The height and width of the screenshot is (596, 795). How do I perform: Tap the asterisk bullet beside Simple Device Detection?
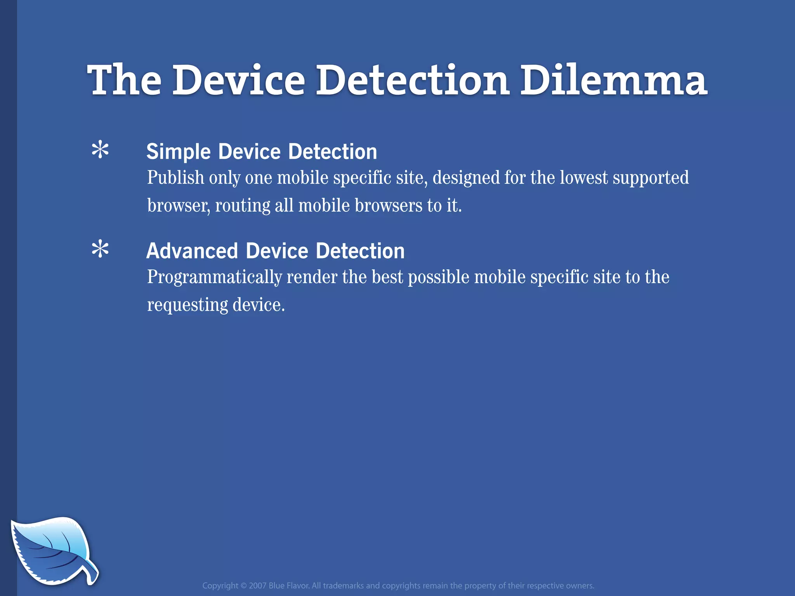[100, 150]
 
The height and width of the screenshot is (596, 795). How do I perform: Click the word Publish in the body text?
[175, 178]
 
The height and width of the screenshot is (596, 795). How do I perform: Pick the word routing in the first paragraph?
[243, 206]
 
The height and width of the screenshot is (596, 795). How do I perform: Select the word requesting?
[187, 305]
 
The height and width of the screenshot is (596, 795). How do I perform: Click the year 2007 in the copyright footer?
[257, 586]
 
